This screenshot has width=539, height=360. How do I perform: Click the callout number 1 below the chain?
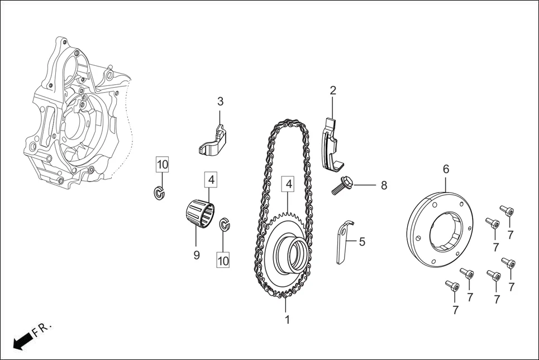[x=288, y=319]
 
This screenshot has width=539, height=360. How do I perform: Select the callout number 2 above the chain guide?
[x=333, y=90]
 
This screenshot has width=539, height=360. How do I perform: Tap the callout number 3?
[x=220, y=102]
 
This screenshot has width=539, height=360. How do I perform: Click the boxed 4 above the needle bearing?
[x=211, y=179]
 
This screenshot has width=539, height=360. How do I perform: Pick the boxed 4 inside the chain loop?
[x=289, y=184]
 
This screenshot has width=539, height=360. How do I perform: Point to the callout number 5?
[x=362, y=242]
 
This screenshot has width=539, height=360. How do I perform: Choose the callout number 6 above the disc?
[x=446, y=169]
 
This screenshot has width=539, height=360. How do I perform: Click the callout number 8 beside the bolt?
[x=384, y=185]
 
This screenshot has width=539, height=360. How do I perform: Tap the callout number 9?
[x=196, y=255]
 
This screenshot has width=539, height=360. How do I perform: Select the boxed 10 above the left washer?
[x=162, y=164]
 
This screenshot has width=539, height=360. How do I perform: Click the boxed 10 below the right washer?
[x=223, y=261]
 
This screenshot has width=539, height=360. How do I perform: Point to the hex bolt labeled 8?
[x=342, y=185]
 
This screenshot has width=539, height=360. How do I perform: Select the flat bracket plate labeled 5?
[x=344, y=242]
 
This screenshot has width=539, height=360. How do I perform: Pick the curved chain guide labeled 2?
[x=333, y=144]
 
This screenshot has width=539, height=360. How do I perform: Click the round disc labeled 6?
[x=440, y=228]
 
